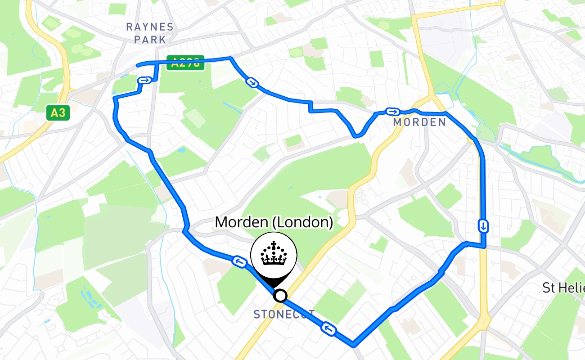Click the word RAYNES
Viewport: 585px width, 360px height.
point(149,27)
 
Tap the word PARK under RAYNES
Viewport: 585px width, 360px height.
point(149,40)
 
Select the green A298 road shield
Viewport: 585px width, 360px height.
point(185,63)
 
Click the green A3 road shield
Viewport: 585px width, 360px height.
point(58,112)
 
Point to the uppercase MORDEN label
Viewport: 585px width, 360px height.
point(419,122)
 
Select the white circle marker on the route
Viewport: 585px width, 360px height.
point(280,296)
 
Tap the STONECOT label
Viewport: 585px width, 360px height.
point(284,314)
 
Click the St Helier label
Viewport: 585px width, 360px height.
point(563,288)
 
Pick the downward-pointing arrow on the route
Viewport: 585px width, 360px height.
point(483,225)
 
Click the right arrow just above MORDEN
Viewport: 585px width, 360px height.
point(392,112)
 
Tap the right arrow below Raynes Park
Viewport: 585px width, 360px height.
point(144,81)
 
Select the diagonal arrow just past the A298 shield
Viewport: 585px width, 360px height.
point(252,82)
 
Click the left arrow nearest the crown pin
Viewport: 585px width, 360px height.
point(238,261)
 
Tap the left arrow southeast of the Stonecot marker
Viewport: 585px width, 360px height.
point(328,329)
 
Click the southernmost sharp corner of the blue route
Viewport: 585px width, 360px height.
point(354,346)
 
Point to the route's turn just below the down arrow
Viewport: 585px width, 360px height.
point(484,246)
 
